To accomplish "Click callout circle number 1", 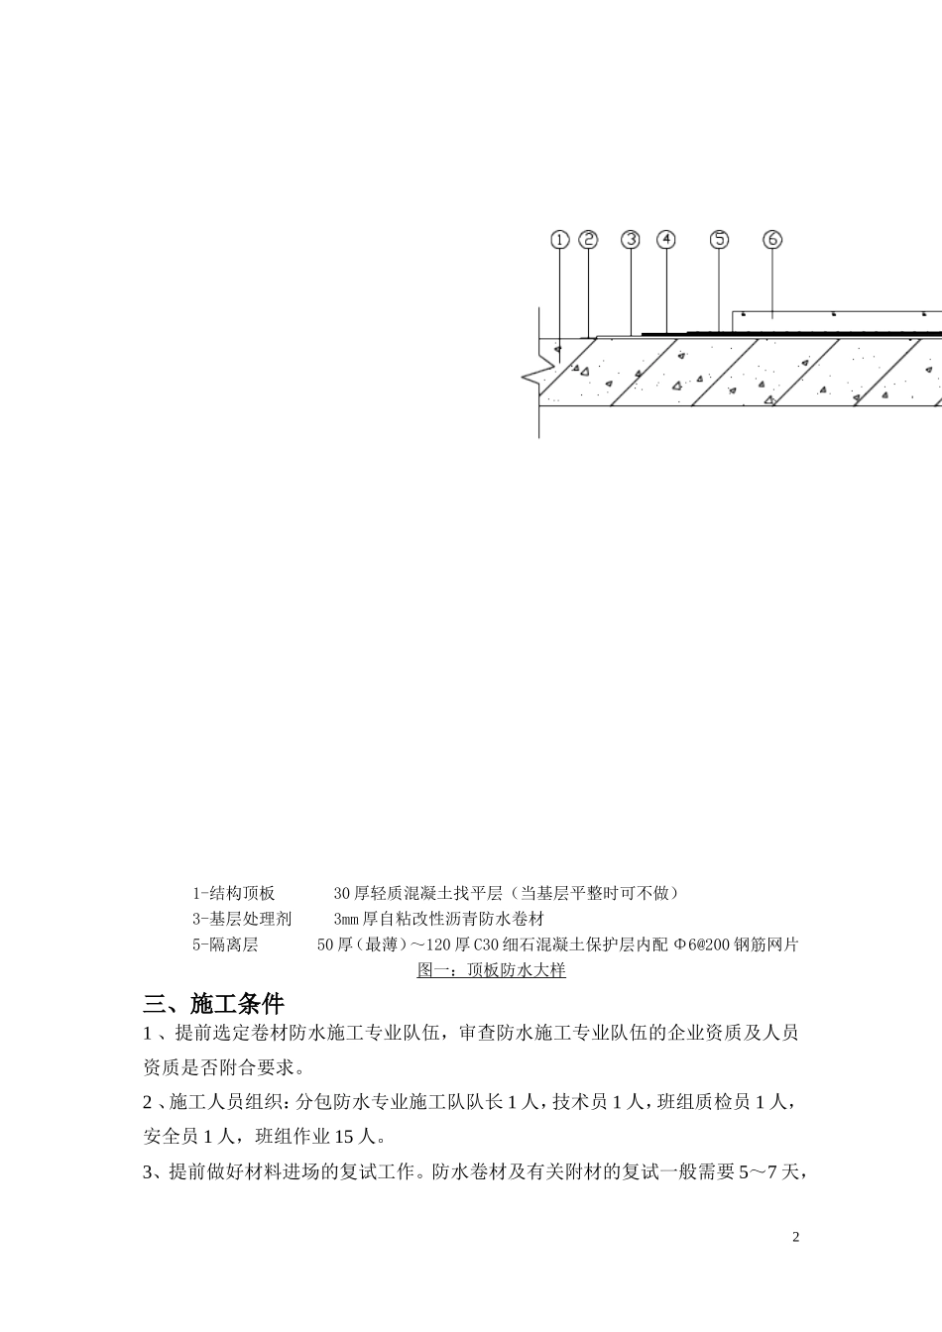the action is coord(559,240).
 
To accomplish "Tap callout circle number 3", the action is coord(631,239).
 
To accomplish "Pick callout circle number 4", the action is coord(665,239).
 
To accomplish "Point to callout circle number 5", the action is coord(719,239).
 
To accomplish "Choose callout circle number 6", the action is coord(772,239).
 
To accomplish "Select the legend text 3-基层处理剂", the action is coord(242,919).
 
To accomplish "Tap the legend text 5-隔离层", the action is coord(225,944).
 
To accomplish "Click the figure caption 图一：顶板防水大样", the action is coord(491,970).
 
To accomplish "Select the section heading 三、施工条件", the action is coord(213,1004).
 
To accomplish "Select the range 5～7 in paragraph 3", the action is coord(758,1172).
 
